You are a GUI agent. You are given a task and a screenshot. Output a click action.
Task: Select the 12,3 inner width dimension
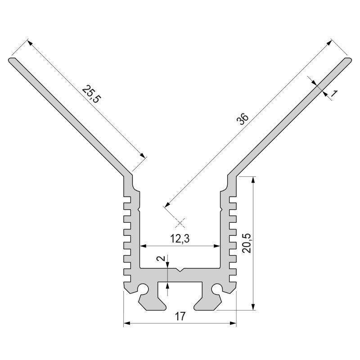pyautogui.click(x=180, y=239)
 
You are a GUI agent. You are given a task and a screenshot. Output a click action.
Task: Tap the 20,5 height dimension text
pyautogui.click(x=247, y=243)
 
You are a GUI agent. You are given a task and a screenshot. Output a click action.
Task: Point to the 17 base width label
pyautogui.click(x=180, y=316)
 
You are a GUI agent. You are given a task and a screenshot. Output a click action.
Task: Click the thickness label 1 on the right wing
pyautogui.click(x=334, y=94)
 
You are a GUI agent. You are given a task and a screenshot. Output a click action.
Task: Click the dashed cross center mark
pyautogui.click(x=180, y=222)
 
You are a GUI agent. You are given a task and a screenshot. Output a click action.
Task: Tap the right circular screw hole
pyautogui.click(x=217, y=288)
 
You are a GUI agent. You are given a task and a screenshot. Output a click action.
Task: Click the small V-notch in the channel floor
pyautogui.click(x=180, y=270)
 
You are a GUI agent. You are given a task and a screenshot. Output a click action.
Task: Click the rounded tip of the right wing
pyautogui.click(x=347, y=60)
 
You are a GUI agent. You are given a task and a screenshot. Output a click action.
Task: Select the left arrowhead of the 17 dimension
pyautogui.click(x=126, y=323)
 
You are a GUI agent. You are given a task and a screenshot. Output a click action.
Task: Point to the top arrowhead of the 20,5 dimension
pyautogui.click(x=254, y=180)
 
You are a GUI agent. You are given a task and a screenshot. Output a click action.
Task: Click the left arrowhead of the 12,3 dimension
pyautogui.click(x=143, y=246)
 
